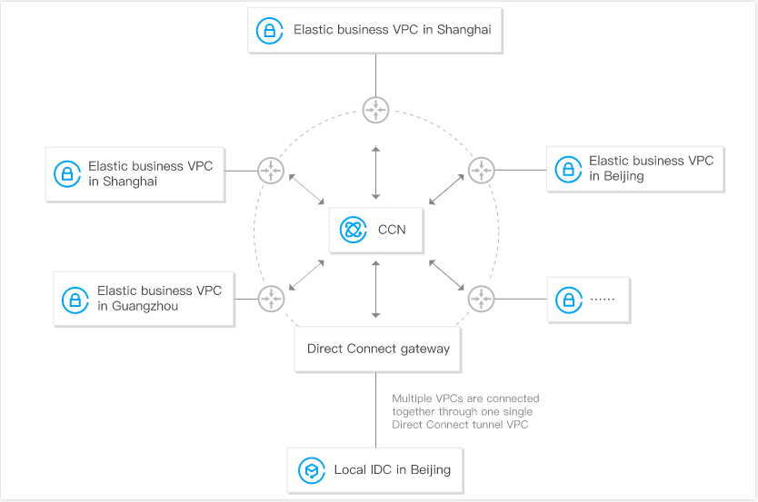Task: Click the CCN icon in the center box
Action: (353, 230)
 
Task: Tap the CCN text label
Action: (392, 230)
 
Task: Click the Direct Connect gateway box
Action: (377, 349)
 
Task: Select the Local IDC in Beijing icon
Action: (312, 470)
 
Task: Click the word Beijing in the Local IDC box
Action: (430, 470)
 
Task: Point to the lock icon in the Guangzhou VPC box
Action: (75, 300)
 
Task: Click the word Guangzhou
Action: (145, 306)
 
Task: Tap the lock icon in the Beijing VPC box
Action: (568, 170)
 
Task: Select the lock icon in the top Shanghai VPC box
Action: (269, 30)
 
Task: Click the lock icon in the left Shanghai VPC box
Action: (67, 173)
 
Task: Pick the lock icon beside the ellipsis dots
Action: (569, 300)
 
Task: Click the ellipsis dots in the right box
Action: (603, 300)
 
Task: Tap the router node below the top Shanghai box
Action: (375, 110)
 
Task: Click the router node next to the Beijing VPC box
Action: (481, 170)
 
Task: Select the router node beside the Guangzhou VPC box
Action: (271, 299)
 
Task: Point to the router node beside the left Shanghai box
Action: (271, 171)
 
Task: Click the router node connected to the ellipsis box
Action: (481, 299)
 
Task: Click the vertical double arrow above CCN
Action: (375, 172)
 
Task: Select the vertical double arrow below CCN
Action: (375, 290)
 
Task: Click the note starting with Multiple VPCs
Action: (465, 411)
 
